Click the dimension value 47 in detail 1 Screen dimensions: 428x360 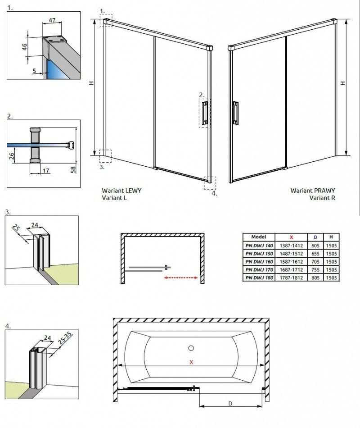point(52,21)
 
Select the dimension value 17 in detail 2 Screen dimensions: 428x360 point(46,171)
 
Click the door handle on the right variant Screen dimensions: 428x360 point(235,113)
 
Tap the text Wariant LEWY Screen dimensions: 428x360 point(121,191)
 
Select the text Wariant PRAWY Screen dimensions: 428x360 point(313,191)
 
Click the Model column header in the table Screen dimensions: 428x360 point(259,237)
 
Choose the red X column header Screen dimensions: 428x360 point(291,237)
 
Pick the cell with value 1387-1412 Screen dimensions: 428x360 point(291,246)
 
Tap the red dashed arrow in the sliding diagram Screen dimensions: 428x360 point(181,278)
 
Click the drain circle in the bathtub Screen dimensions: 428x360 point(191,348)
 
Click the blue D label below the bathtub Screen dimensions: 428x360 point(230,404)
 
